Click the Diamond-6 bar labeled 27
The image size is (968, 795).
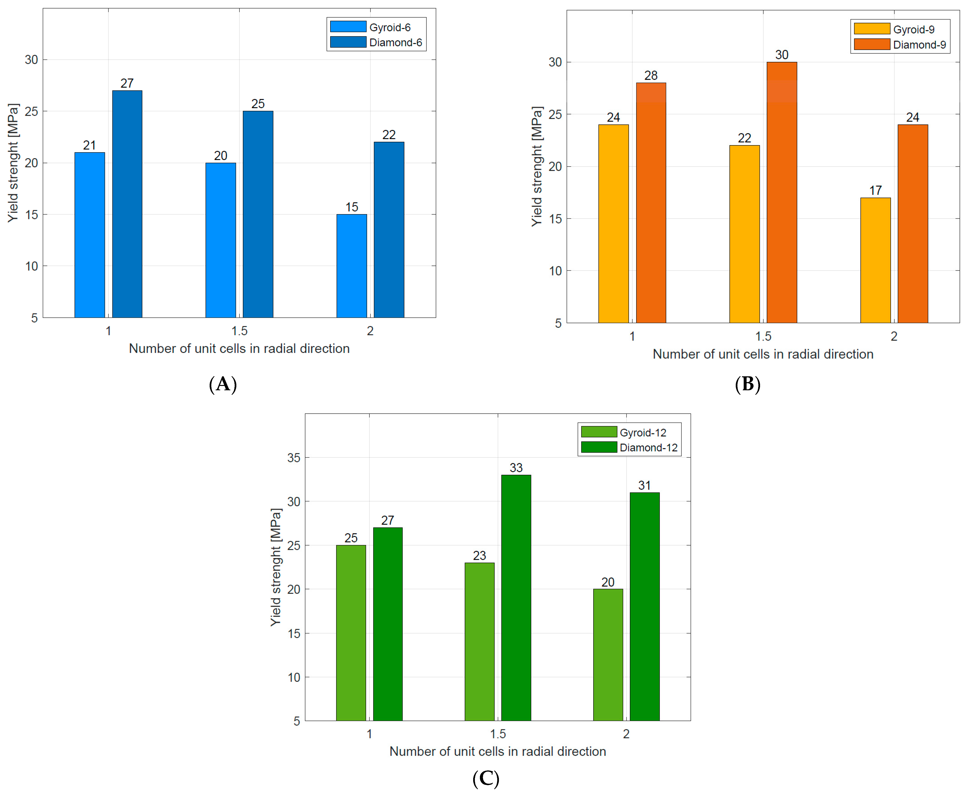tap(127, 204)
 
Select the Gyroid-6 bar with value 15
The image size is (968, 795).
tap(351, 266)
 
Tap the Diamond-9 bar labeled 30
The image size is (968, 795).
tap(782, 192)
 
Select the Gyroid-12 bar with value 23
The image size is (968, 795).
tap(479, 641)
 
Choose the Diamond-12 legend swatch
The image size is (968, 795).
tap(599, 447)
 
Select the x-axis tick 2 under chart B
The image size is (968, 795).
tap(894, 336)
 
